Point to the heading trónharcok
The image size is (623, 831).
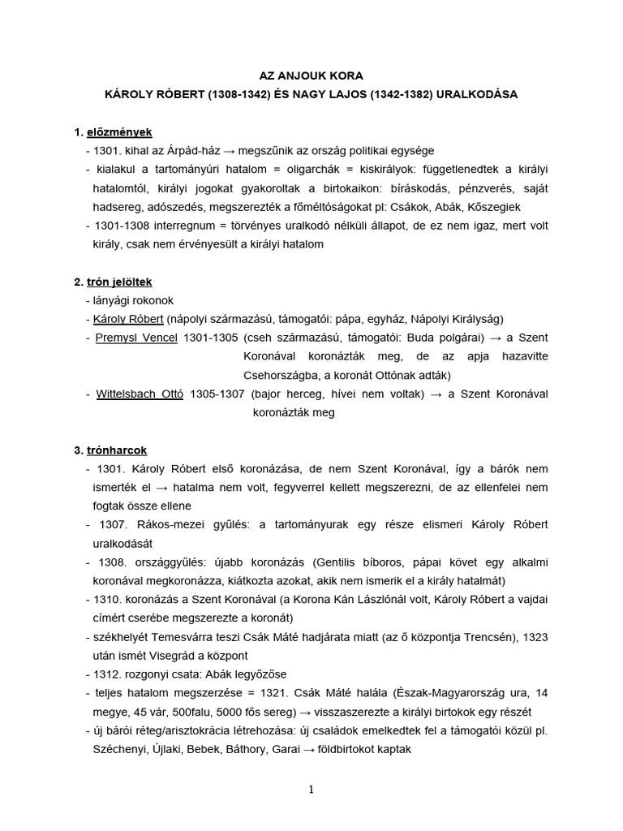(x=118, y=450)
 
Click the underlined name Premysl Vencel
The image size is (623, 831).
(x=135, y=338)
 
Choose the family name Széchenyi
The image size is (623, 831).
(x=122, y=750)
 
